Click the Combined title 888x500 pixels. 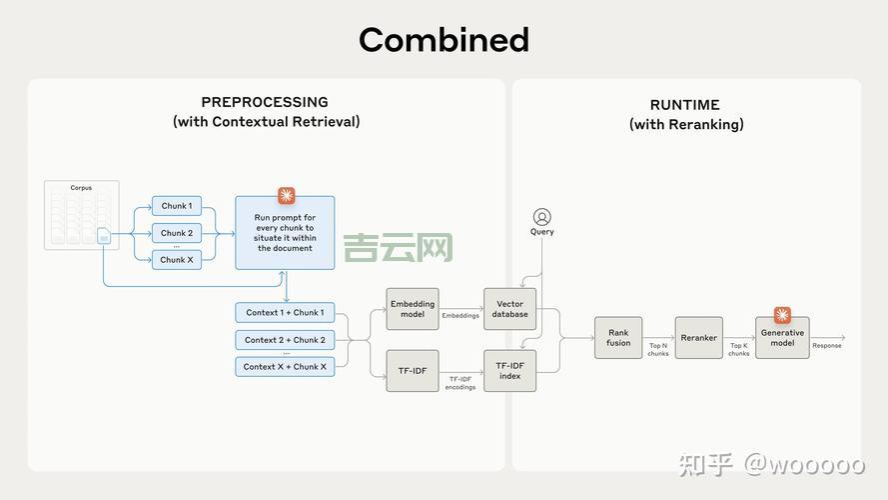point(444,40)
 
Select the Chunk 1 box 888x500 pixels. point(176,206)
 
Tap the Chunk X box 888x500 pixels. point(176,260)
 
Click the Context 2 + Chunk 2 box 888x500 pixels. point(285,340)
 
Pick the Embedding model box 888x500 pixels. point(413,309)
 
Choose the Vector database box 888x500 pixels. point(509,309)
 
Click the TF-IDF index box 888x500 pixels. point(509,371)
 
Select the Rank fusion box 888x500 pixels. point(618,338)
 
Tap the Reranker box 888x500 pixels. point(698,338)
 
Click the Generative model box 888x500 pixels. point(782,338)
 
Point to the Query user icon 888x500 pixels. point(541,217)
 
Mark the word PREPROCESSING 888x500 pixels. point(265,102)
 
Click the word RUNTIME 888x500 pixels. point(685,105)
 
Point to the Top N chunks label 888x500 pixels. point(657,349)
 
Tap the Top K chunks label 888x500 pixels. point(738,349)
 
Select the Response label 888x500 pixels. point(826,346)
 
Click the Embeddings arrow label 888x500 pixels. point(460,316)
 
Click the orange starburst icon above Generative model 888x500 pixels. point(782,314)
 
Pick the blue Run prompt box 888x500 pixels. point(285,233)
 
